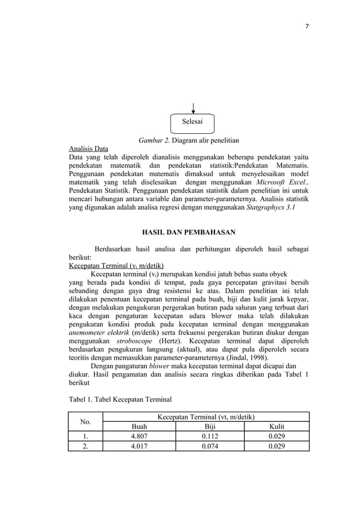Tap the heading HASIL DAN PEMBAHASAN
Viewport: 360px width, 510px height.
[x=188, y=232]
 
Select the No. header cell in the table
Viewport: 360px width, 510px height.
[x=87, y=421]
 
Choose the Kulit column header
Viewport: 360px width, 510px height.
[x=276, y=426]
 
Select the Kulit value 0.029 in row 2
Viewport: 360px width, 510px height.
[x=276, y=446]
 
